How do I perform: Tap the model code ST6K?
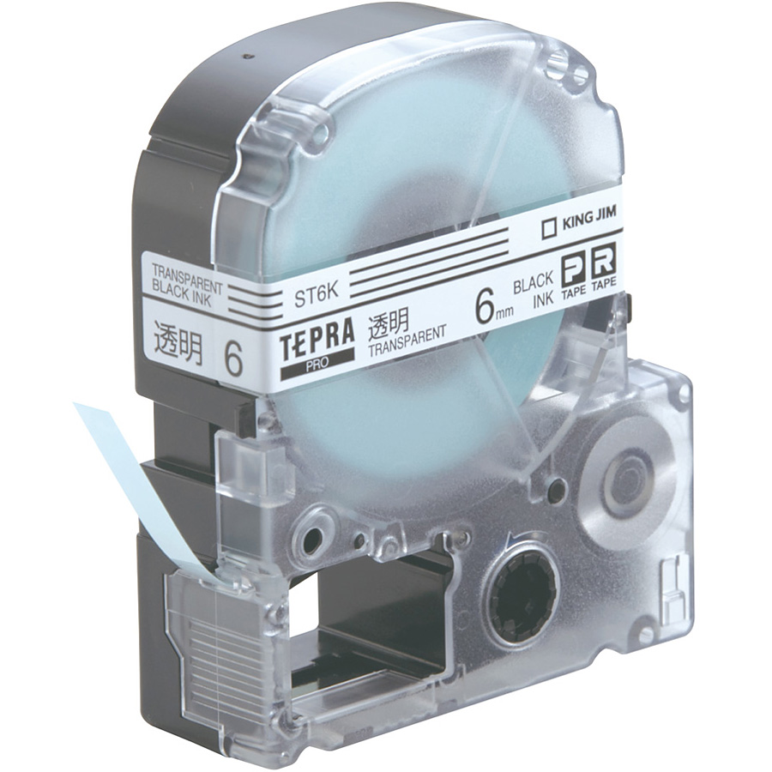click(x=316, y=296)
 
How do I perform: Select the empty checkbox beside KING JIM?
click(x=548, y=229)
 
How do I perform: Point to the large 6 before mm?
click(x=486, y=309)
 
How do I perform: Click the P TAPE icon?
click(x=573, y=278)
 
